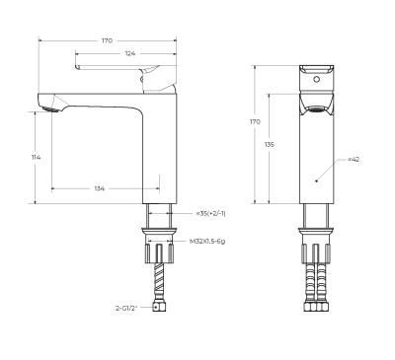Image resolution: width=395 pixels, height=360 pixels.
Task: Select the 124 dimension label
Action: click(x=130, y=52)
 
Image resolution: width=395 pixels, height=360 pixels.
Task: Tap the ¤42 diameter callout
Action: click(x=353, y=159)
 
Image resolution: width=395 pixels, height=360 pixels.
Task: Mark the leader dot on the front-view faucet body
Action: click(x=315, y=180)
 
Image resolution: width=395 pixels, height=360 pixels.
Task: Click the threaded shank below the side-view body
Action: click(x=159, y=216)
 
